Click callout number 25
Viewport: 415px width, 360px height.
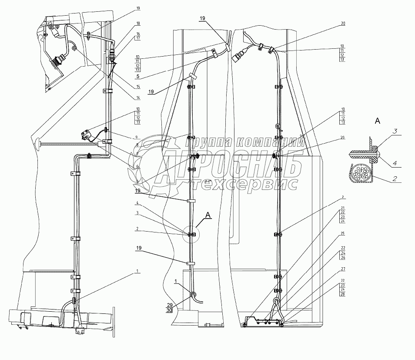coord(343,234)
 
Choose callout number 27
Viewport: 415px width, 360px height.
coord(343,269)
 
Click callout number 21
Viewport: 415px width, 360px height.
coord(343,208)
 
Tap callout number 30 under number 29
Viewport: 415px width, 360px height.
coord(169,311)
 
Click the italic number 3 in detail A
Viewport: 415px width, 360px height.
coord(396,131)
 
